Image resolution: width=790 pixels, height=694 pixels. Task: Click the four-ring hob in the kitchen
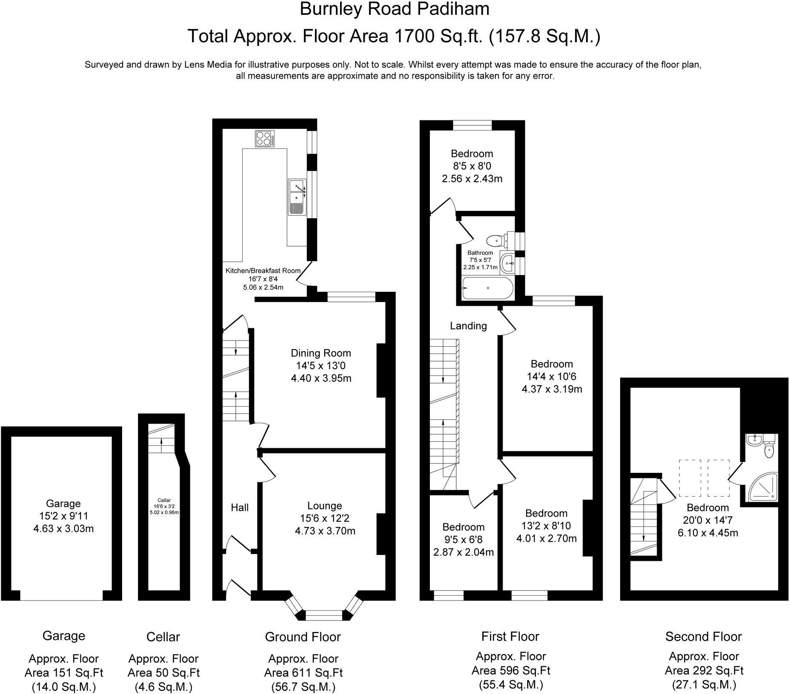pyautogui.click(x=264, y=139)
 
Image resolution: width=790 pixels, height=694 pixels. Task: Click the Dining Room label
pyautogui.click(x=321, y=353)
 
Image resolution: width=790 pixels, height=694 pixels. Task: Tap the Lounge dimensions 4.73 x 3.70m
pyautogui.click(x=325, y=531)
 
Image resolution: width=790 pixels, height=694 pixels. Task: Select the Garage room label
pyautogui.click(x=63, y=503)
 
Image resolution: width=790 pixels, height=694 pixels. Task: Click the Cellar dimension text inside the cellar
pyautogui.click(x=164, y=506)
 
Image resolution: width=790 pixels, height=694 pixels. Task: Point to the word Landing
pyautogui.click(x=468, y=326)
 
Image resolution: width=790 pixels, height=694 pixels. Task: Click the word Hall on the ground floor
pyautogui.click(x=240, y=507)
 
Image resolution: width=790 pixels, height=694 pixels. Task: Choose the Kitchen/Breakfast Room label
pyautogui.click(x=263, y=270)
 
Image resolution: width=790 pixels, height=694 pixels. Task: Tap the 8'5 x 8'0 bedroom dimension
pyautogui.click(x=472, y=166)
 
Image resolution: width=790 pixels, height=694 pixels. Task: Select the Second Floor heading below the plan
pyautogui.click(x=703, y=637)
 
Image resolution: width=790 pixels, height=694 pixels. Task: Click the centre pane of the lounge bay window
pyautogui.click(x=324, y=613)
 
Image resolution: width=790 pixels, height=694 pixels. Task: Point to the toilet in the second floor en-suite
pyautogui.click(x=769, y=451)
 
